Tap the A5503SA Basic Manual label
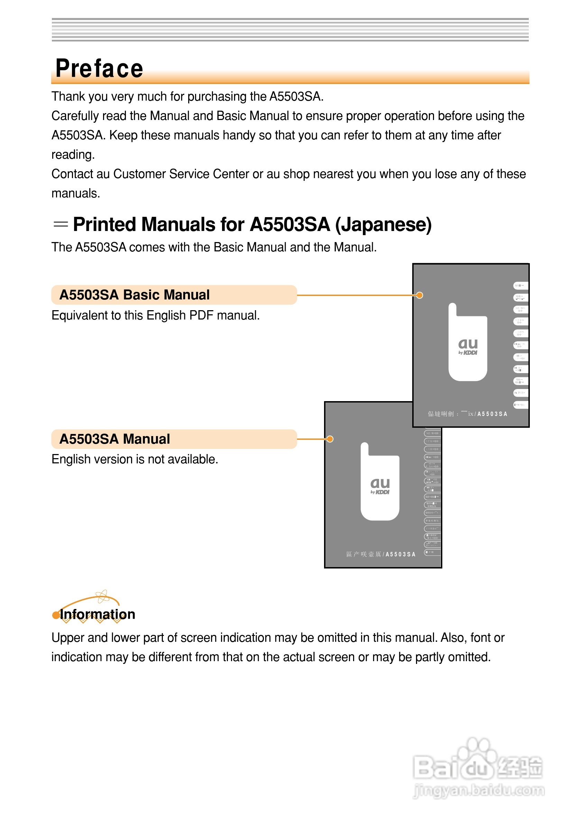pos(135,295)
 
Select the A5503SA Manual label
pos(115,439)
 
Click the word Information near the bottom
pos(98,614)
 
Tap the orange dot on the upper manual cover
pos(419,295)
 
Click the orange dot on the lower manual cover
pos(330,439)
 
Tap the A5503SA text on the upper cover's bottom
pos(492,414)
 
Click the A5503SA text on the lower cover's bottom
pos(400,554)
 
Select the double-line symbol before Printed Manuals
pos(61,225)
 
